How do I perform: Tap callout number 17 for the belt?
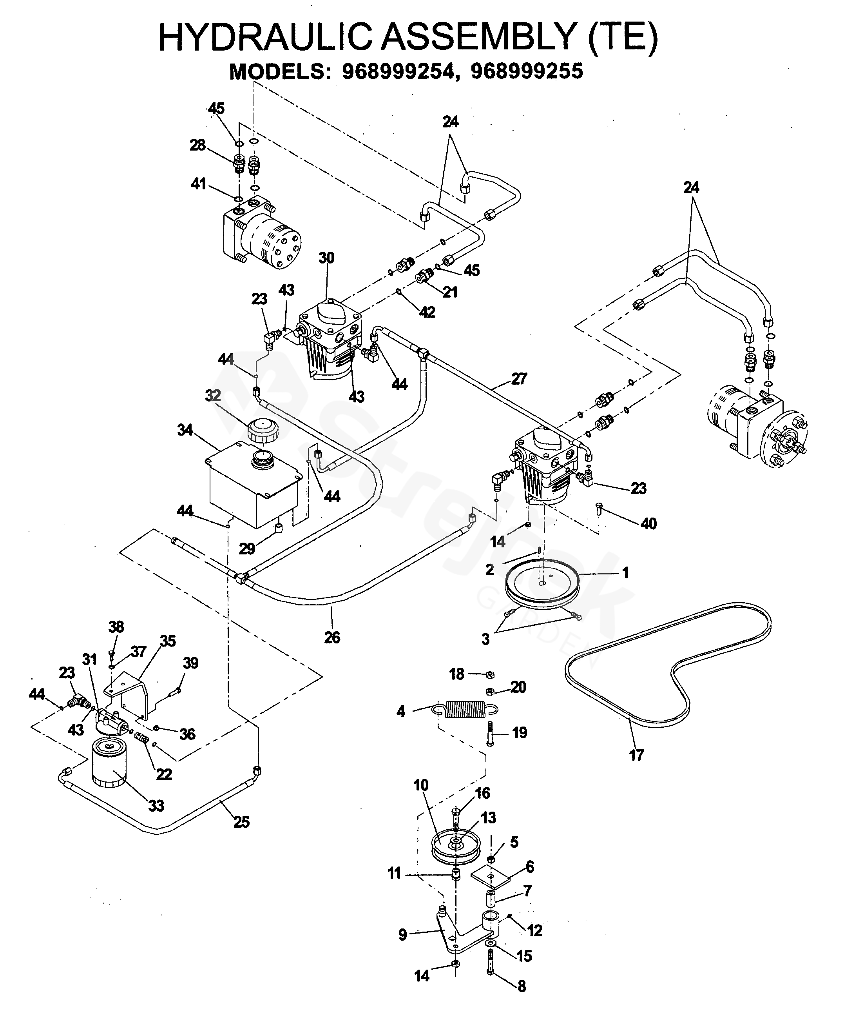636,755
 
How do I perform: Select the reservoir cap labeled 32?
263,430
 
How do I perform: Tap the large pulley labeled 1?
542,581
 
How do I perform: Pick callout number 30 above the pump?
326,258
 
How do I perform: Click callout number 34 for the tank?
185,430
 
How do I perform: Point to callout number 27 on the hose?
519,378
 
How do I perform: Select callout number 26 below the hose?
332,638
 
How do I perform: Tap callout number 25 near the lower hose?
241,822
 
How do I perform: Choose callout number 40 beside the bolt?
648,523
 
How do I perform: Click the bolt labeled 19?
490,733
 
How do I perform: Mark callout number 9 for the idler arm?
403,934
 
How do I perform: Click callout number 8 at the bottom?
522,986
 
